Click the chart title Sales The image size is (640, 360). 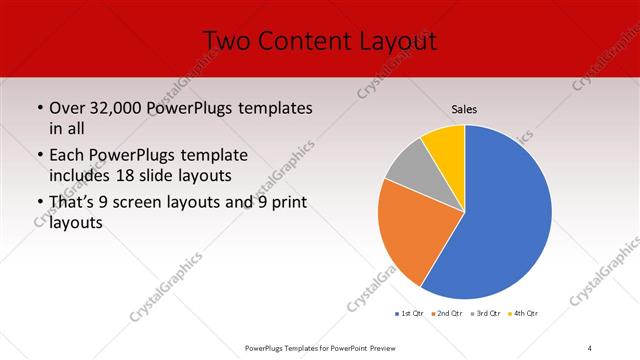[465, 108]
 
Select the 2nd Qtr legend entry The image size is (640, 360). [446, 315]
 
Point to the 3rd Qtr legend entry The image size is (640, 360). [484, 315]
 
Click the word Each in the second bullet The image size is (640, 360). [66, 155]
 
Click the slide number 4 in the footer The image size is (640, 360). [590, 347]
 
